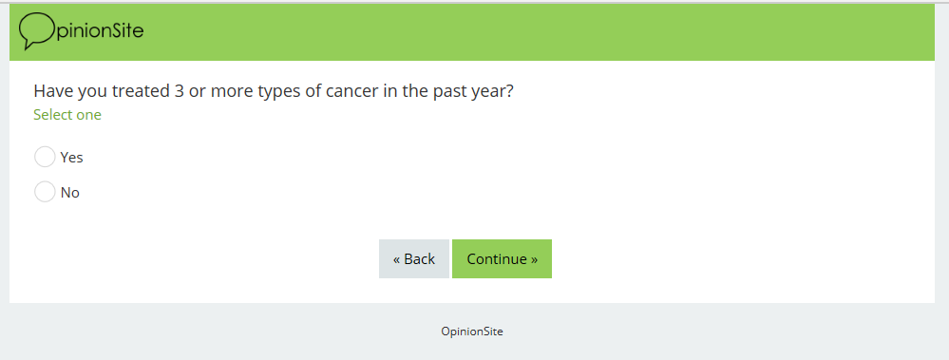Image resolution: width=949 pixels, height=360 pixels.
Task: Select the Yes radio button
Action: pos(45,157)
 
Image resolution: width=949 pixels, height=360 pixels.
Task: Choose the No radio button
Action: pos(45,192)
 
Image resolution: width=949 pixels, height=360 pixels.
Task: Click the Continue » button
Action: pos(502,259)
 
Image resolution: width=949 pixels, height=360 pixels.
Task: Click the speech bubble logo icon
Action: pos(37,30)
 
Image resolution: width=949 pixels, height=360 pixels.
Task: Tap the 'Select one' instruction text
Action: pos(67,115)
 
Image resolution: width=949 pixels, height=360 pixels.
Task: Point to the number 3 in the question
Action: pos(180,91)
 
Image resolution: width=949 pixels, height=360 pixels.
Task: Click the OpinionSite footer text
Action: pos(472,332)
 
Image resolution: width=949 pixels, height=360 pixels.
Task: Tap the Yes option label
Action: pos(71,158)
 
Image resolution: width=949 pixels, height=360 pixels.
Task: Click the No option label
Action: pos(70,193)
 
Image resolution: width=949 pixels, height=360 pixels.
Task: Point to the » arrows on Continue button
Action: pos(534,259)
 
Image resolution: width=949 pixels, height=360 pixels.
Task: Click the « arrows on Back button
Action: pos(397,259)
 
